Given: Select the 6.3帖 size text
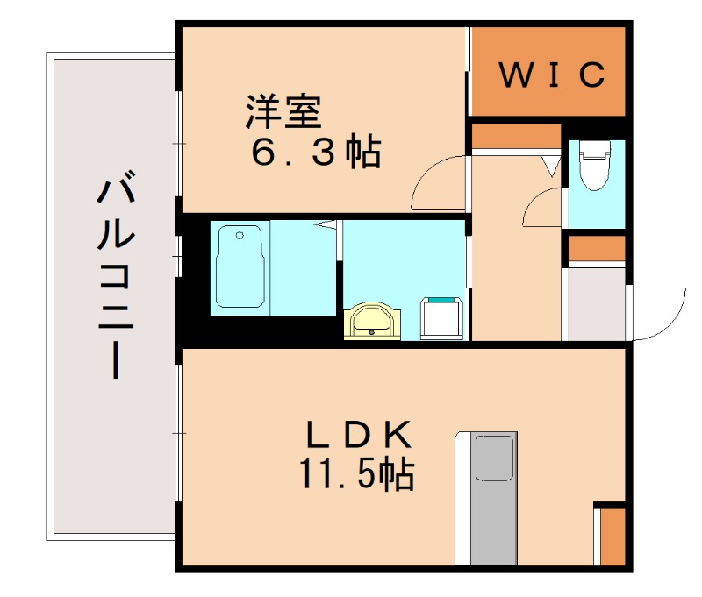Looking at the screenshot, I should (317, 153).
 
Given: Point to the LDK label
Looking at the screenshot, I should (358, 435).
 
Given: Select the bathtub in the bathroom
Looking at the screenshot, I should (239, 267).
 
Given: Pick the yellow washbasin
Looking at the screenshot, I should (375, 322).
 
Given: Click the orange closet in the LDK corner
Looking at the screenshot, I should (612, 536).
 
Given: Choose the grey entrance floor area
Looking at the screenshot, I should (597, 302).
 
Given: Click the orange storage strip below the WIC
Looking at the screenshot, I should (515, 136).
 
